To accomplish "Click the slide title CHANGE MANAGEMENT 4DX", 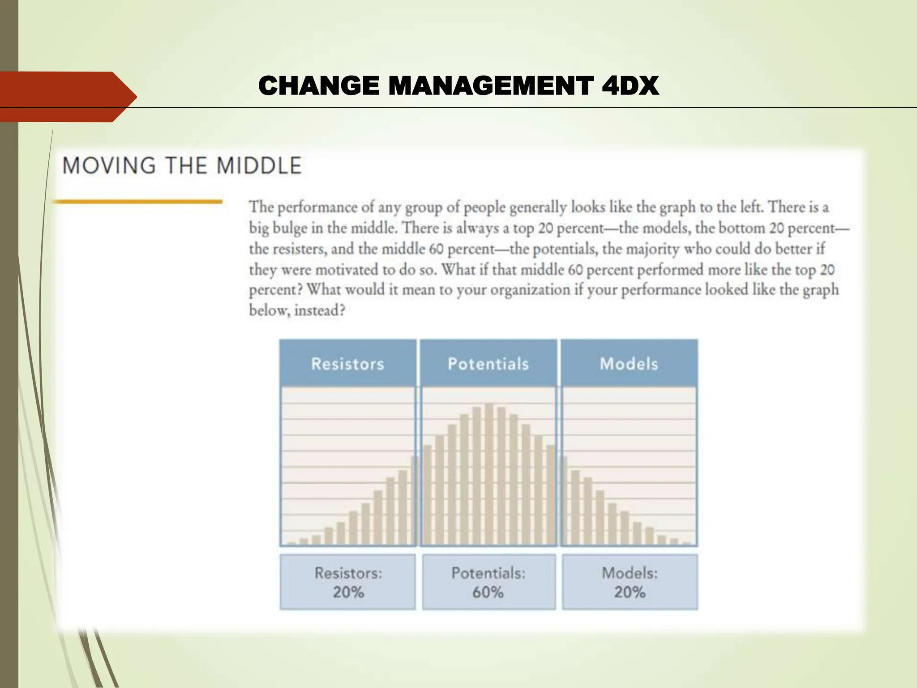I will tap(458, 86).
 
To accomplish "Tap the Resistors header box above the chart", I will tap(348, 363).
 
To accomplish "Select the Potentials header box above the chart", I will tap(488, 363).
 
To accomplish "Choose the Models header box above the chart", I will tap(629, 363).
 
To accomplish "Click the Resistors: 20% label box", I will tap(348, 582).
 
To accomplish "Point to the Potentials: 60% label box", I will tap(488, 582).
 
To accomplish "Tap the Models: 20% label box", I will tap(630, 582).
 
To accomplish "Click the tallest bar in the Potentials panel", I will tap(489, 475).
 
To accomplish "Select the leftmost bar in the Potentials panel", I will tap(427, 495).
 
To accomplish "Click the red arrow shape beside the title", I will tap(67, 97).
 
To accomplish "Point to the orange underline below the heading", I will tap(138, 202).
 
